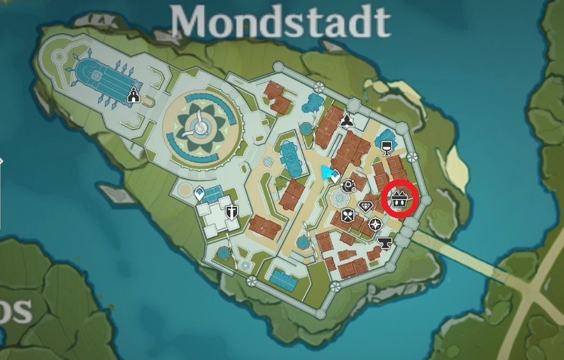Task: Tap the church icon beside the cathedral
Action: [134, 95]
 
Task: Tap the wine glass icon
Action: [387, 146]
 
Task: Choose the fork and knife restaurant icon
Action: [347, 217]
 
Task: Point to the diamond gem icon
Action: [366, 205]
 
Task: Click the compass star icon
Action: [374, 223]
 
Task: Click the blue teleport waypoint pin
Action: [199, 194]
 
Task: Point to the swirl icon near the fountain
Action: [349, 183]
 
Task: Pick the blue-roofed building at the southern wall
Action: [283, 281]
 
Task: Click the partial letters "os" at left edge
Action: [15, 309]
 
